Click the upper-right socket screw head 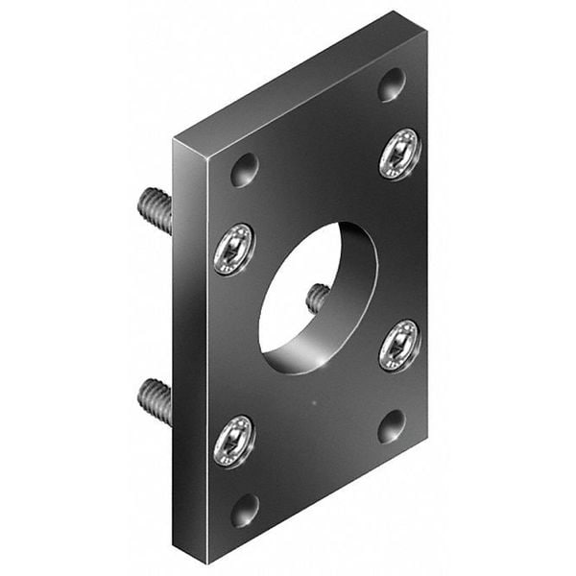click(x=399, y=154)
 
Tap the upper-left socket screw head click(x=233, y=249)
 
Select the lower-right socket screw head click(x=399, y=346)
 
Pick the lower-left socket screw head click(x=233, y=442)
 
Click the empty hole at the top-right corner click(x=391, y=84)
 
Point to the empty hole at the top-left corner click(x=245, y=170)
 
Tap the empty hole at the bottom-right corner click(x=391, y=425)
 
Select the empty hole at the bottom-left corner click(x=245, y=510)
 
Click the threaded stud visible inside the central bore click(x=318, y=299)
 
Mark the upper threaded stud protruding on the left click(x=155, y=209)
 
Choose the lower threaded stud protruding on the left click(x=155, y=400)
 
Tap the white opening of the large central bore click(x=293, y=293)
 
